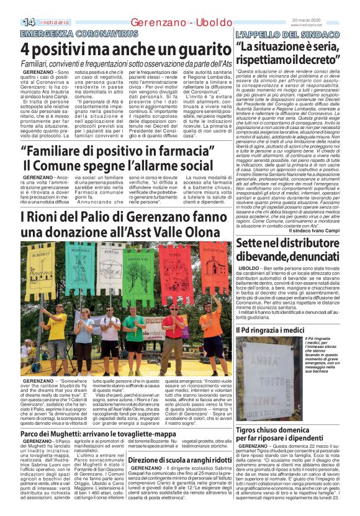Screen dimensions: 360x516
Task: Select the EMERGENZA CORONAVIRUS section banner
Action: pos(69,32)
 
